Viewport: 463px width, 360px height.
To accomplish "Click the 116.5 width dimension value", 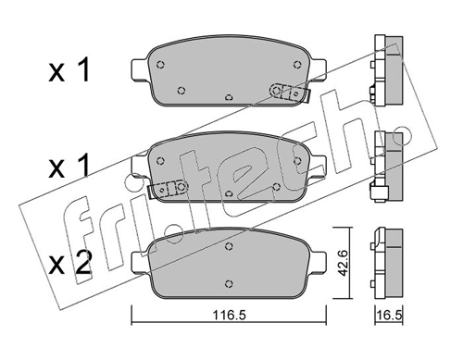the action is click(x=229, y=316).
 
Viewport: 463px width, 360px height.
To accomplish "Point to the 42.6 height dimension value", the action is click(x=343, y=263).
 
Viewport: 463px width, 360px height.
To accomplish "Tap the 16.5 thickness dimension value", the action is click(x=390, y=316).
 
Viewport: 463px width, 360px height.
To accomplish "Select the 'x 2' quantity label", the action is click(x=70, y=263).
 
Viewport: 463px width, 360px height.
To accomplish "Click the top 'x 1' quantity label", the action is click(x=69, y=70).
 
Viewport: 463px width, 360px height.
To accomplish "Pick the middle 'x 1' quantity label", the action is click(x=69, y=167).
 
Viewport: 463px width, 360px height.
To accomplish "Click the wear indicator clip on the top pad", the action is click(x=290, y=93).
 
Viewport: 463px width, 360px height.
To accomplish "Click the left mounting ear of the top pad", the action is click(x=141, y=69).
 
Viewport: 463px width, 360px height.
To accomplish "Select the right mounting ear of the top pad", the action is click(x=318, y=69).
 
